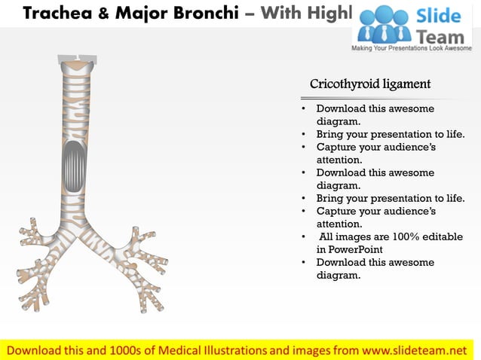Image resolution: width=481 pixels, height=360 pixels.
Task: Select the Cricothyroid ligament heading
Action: (370, 84)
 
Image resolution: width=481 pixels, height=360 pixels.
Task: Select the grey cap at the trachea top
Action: (77, 59)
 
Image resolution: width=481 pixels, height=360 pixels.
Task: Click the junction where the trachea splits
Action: (78, 218)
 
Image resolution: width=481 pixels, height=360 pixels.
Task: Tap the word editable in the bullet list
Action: (438, 236)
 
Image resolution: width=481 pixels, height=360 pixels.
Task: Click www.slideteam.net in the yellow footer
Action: (415, 350)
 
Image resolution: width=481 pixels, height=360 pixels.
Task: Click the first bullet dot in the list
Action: (302, 108)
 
